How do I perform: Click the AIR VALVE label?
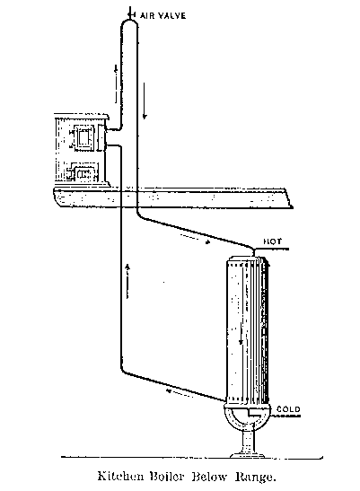(162, 15)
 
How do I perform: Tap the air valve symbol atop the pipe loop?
(131, 14)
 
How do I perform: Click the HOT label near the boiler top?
(272, 241)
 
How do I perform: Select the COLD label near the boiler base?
(288, 409)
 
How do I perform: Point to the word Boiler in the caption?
(166, 476)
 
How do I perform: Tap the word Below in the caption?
(209, 477)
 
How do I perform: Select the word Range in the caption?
(255, 477)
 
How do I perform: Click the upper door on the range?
(83, 137)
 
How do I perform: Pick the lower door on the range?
(82, 174)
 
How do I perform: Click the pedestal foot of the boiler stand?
(247, 454)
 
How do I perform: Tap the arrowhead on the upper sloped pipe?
(207, 241)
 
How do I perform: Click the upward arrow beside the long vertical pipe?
(127, 281)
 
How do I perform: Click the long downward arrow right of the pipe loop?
(145, 101)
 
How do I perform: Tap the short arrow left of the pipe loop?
(116, 83)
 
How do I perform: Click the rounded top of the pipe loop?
(129, 22)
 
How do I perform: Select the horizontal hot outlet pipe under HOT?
(271, 250)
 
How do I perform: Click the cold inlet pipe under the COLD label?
(285, 416)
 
